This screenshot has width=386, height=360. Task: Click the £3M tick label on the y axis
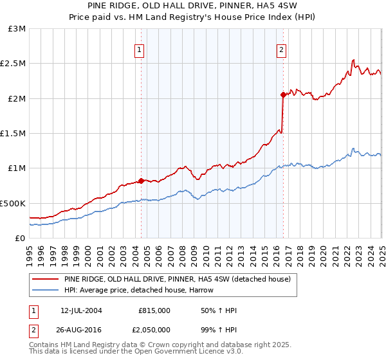point(17,29)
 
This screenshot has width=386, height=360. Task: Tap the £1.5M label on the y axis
point(14,134)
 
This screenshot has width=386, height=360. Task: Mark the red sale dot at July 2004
point(142,181)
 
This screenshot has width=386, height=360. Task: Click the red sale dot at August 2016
point(283,94)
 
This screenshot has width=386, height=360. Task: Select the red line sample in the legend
point(46,280)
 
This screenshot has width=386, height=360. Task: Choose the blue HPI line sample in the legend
point(46,291)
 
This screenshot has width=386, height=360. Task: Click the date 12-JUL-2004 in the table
point(81,310)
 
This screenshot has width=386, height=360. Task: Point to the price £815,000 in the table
point(154,310)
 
